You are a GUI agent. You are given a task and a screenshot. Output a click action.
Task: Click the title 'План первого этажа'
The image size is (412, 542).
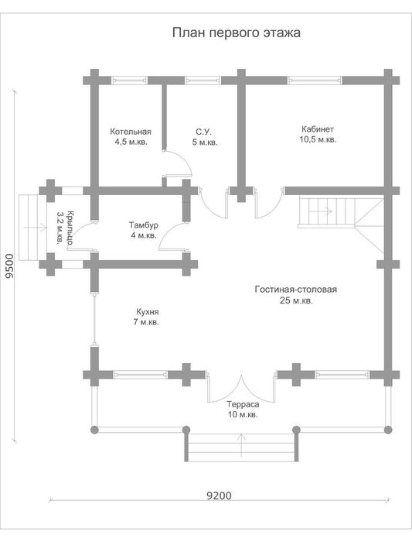(x=236, y=33)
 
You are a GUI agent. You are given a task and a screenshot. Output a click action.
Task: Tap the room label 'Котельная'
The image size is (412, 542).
(x=131, y=132)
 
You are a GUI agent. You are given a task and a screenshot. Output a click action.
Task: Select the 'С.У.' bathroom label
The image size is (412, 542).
(x=203, y=132)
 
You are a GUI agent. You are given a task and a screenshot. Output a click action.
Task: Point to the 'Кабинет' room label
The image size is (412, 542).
(x=318, y=129)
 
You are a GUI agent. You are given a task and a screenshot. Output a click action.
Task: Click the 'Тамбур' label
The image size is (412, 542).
(x=144, y=225)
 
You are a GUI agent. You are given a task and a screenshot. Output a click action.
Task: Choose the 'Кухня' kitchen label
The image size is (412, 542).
(x=148, y=312)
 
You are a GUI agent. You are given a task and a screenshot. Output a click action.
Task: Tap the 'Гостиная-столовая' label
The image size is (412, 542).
(x=296, y=290)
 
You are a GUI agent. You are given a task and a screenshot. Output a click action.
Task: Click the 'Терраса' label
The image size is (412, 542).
(x=243, y=404)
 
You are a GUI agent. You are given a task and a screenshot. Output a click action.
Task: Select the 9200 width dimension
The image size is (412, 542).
(x=219, y=496)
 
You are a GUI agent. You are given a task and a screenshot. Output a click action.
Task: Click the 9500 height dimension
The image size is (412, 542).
(x=9, y=266)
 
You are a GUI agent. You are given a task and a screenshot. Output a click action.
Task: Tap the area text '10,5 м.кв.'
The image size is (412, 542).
(x=318, y=140)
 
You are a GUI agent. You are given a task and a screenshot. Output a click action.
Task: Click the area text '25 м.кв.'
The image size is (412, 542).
(x=296, y=300)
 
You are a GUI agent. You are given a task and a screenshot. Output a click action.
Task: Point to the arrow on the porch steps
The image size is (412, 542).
(x=35, y=228)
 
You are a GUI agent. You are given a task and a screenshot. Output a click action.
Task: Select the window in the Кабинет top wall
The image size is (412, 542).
(x=315, y=81)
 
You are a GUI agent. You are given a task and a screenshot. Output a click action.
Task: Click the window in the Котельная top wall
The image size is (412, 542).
(x=130, y=81)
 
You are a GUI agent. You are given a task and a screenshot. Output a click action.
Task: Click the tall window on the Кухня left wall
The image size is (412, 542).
(x=94, y=319)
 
